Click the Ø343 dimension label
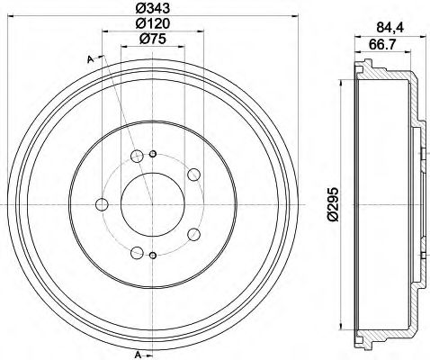pos(152,8)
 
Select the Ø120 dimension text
pos(152,23)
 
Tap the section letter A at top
pos(91,59)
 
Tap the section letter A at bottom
pos(139,353)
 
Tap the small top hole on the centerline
pos(152,152)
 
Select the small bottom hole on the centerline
pos(152,258)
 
